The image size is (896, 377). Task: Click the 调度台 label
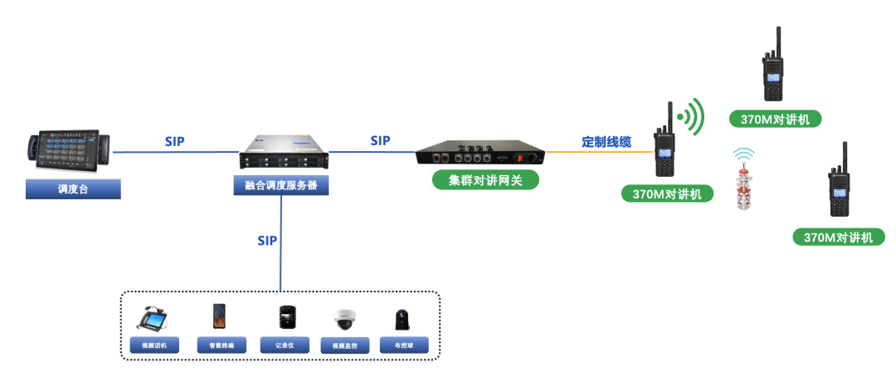tap(72, 189)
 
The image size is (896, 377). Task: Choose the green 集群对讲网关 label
tap(485, 179)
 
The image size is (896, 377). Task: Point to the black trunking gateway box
tap(480, 154)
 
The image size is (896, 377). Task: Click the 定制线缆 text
tap(606, 142)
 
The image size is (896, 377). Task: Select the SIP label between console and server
tap(174, 141)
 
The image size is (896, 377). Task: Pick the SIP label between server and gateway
tap(380, 140)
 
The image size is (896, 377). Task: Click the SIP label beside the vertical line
tap(266, 241)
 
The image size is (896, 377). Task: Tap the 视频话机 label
tap(154, 345)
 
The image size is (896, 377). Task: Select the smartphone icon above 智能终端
tap(219, 316)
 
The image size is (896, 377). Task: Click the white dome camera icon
tap(343, 319)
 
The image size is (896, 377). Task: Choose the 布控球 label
tap(404, 345)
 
